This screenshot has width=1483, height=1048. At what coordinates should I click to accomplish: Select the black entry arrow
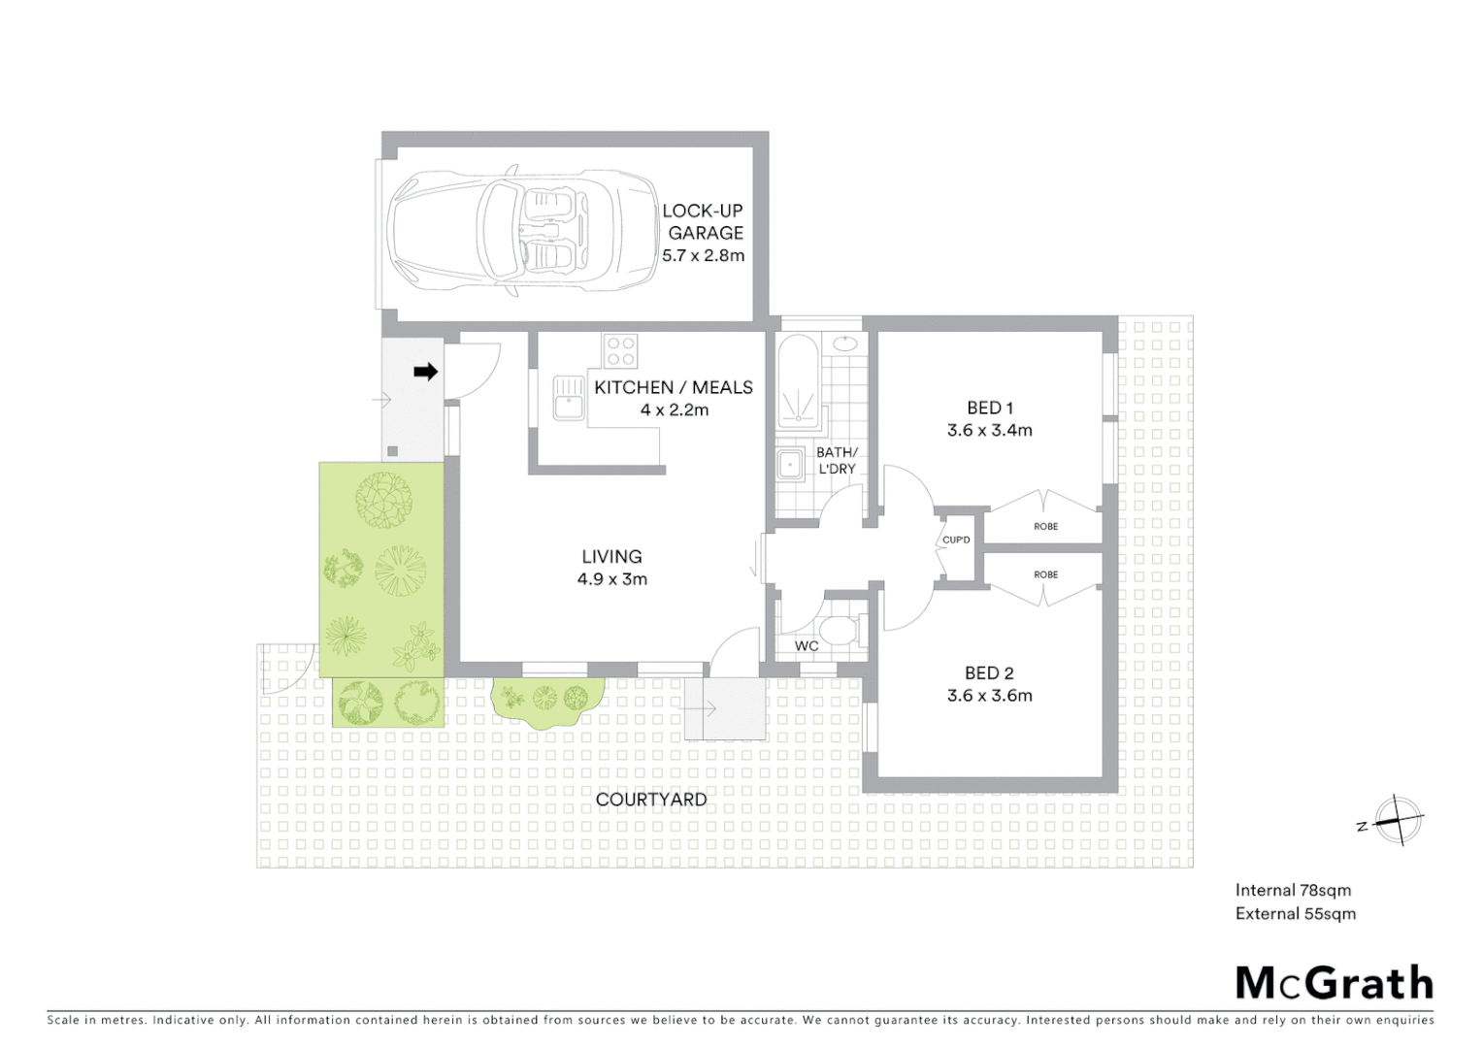point(425,371)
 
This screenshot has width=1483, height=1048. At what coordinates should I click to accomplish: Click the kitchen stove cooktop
point(619,350)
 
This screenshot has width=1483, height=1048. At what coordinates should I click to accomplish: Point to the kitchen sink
point(567,398)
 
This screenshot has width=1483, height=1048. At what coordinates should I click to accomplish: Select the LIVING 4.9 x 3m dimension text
point(611,579)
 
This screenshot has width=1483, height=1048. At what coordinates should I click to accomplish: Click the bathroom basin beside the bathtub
point(845,343)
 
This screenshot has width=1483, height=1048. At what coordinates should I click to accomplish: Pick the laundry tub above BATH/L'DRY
point(790,463)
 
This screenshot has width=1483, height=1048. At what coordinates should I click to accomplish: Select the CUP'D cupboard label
point(956,540)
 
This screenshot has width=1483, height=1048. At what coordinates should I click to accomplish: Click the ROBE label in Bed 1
point(1045,526)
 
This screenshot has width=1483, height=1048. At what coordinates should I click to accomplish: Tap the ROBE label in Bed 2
point(1045,574)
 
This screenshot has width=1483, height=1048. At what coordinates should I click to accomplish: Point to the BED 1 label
point(989,408)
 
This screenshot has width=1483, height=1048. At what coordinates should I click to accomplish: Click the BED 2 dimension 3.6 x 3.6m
point(989,695)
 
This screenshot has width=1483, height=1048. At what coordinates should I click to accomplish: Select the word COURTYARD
point(650,800)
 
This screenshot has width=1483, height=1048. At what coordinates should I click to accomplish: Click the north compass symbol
point(1395,820)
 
